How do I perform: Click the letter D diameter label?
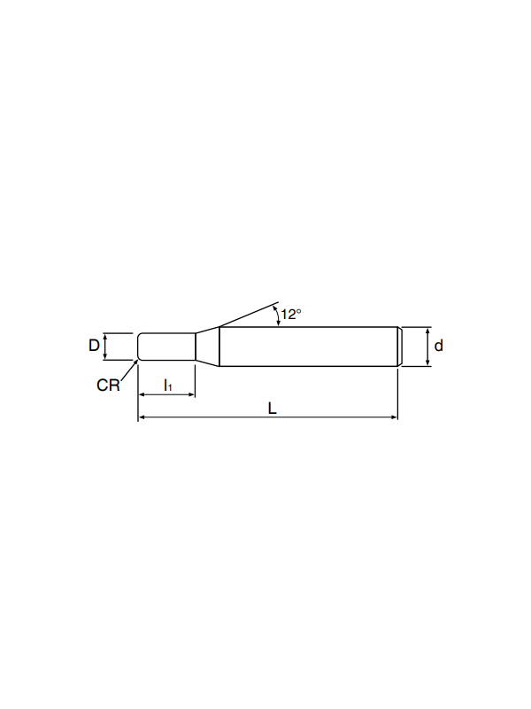[94, 346]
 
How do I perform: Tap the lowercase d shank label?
[438, 346]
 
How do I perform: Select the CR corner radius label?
[108, 386]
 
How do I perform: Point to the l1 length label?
[167, 386]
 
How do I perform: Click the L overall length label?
[272, 409]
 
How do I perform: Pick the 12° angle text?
[291, 315]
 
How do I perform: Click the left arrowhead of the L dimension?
[142, 417]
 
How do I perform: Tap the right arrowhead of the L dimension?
[394, 417]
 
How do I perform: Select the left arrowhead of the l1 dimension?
[142, 394]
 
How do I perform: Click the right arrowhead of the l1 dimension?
[191, 394]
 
